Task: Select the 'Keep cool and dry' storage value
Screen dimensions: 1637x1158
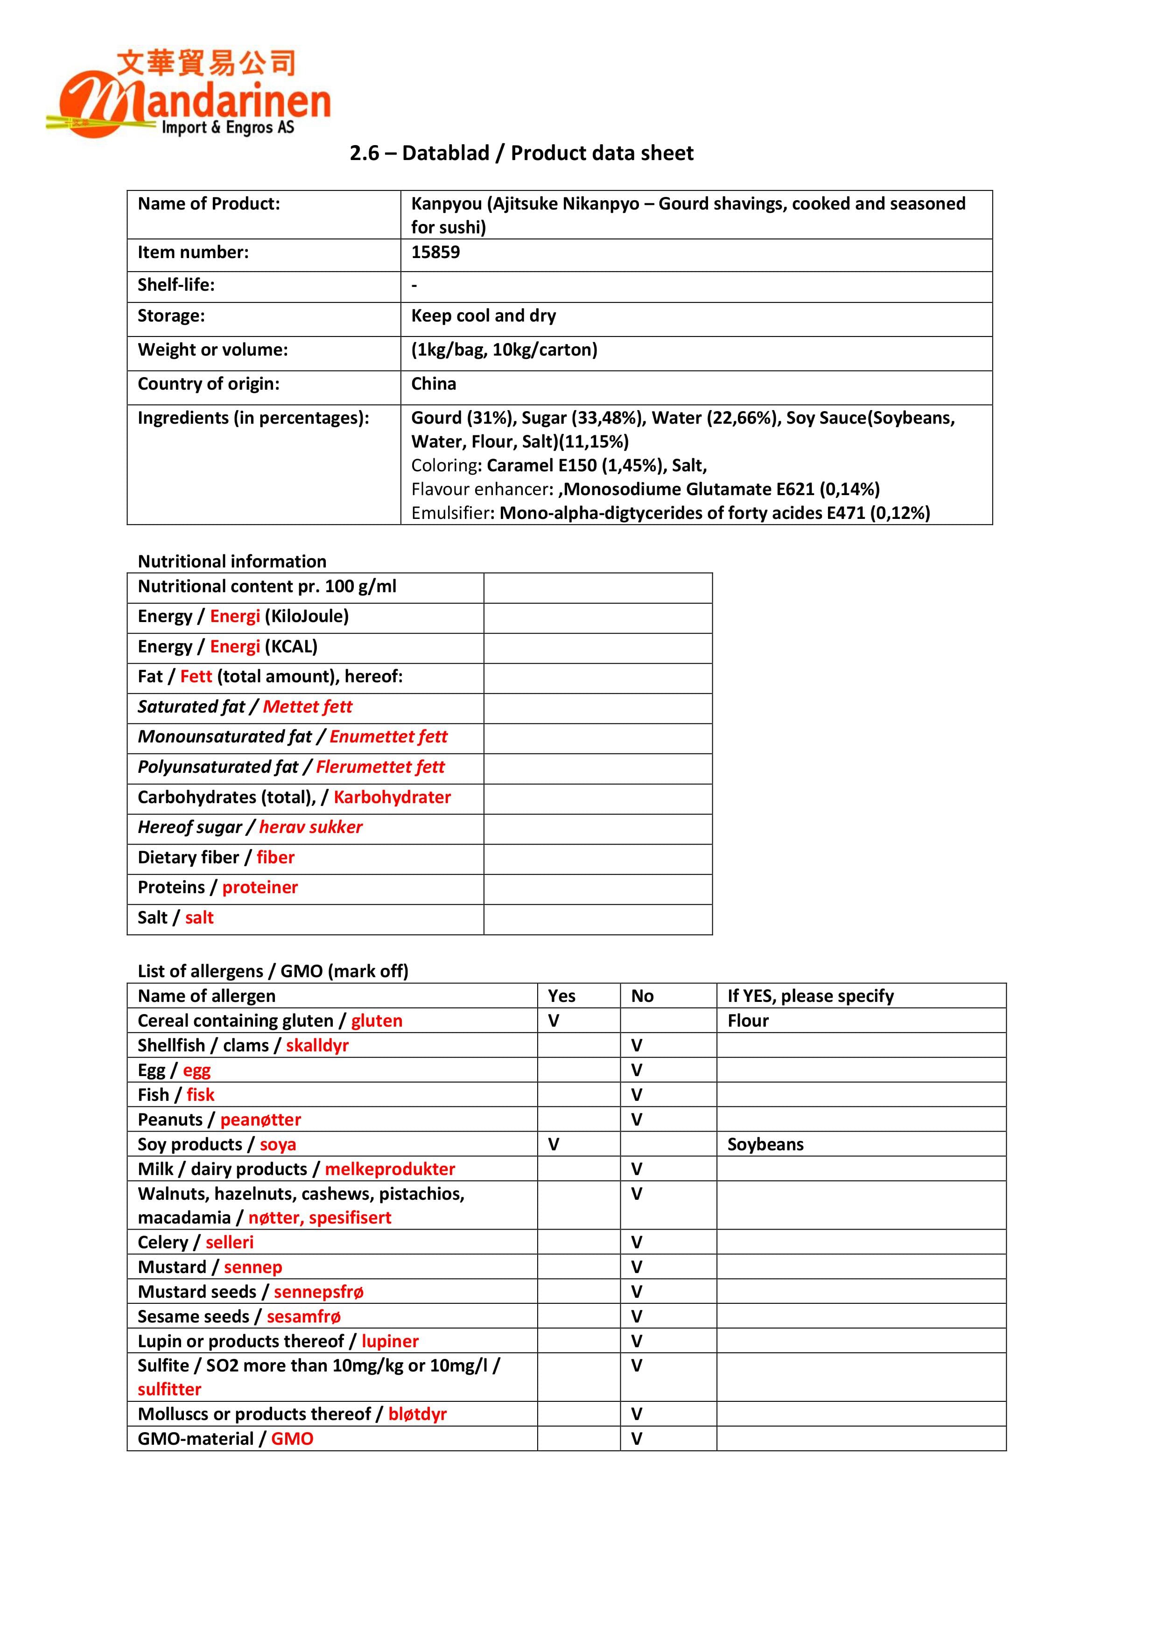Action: tap(484, 316)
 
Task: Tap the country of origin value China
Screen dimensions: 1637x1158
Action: tap(434, 384)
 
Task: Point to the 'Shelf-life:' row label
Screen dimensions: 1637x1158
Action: tap(176, 285)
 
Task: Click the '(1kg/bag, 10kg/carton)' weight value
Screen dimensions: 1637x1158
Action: tap(504, 350)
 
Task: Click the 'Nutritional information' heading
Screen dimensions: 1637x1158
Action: tap(232, 561)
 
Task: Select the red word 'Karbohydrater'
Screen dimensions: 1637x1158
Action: tap(392, 797)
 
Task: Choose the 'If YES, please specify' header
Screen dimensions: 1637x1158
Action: tap(810, 996)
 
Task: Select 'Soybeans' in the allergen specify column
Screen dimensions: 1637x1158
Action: tap(765, 1144)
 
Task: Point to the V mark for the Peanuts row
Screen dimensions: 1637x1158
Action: tap(637, 1120)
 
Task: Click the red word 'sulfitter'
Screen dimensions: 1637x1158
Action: tap(170, 1389)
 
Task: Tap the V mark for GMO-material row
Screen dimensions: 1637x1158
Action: tap(637, 1439)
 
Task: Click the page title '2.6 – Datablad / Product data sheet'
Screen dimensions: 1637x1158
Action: tap(521, 153)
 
